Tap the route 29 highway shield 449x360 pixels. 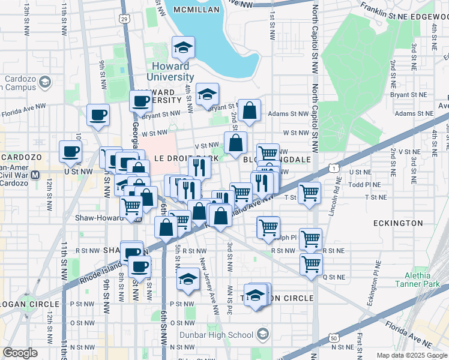pos(124,19)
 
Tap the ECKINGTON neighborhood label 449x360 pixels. pos(398,223)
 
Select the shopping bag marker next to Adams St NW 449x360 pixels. pos(249,110)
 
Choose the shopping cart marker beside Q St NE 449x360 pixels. pos(311,264)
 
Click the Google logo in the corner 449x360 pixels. pos(20,353)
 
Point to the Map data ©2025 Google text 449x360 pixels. pos(412,355)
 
